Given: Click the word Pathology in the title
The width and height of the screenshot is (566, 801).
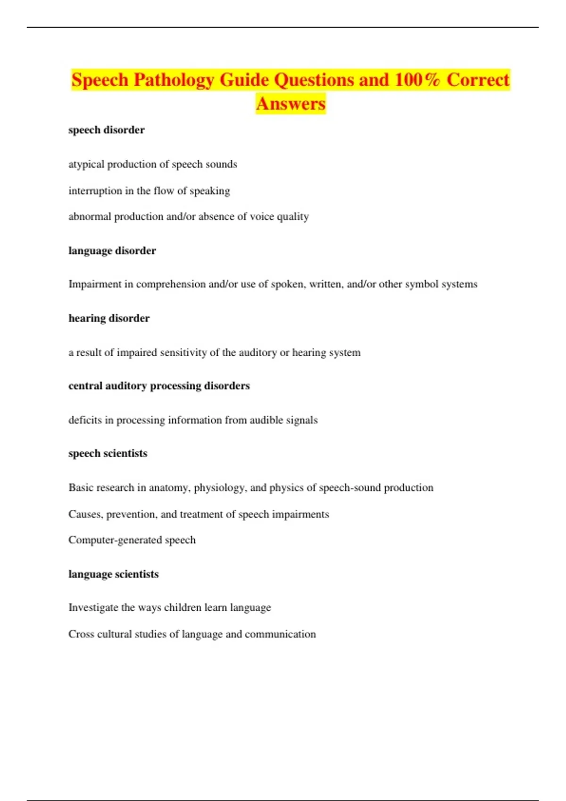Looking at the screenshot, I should click(x=174, y=80).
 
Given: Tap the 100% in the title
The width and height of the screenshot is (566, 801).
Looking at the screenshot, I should click(x=417, y=80).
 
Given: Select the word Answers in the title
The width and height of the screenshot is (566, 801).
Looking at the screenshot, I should click(x=291, y=104).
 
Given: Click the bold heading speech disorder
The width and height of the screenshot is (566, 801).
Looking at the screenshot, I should click(x=106, y=130).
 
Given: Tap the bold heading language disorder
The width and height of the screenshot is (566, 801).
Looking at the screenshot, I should click(x=112, y=251).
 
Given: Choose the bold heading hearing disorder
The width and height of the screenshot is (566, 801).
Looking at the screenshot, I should click(x=109, y=319).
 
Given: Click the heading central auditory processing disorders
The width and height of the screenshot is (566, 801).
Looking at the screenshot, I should click(x=159, y=386).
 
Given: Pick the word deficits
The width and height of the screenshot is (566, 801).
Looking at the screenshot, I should click(x=85, y=420).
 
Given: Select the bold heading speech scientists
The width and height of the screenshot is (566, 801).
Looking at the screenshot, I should click(x=108, y=453).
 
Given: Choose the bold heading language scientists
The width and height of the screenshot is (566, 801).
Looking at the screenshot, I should click(x=113, y=574).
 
